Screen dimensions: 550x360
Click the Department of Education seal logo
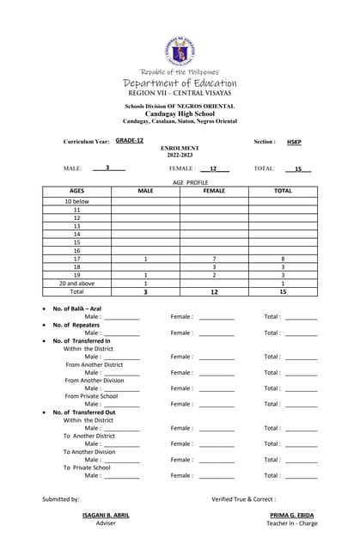coord(180,49)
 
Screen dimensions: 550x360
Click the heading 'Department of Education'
coord(180,83)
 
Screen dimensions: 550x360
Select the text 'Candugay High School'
coord(180,113)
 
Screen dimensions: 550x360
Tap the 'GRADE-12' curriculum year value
coord(130,140)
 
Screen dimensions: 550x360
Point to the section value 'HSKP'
coord(294,141)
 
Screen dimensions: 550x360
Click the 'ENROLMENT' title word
coord(180,148)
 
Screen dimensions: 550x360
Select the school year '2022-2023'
coord(180,155)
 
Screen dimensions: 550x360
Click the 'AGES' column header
coord(76,191)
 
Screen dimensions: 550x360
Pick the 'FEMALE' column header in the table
coord(214,191)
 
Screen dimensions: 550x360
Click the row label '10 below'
coord(76,201)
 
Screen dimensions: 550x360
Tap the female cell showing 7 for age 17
coord(214,259)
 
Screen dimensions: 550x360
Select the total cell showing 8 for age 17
coord(283,259)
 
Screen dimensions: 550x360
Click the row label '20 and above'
coord(76,283)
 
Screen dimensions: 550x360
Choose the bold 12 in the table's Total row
coord(214,292)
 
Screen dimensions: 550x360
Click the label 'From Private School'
coord(92,396)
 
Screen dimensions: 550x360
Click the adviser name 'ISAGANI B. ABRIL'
coord(106,515)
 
